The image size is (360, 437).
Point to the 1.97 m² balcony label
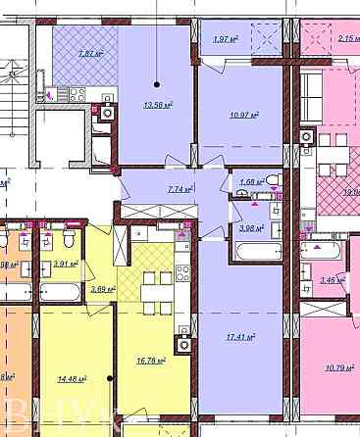226,39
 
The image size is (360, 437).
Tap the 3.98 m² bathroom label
252,228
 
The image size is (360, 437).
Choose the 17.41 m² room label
238,337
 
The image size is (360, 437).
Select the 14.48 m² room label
73,378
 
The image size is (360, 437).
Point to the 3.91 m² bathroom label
67,264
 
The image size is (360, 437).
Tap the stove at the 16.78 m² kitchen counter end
181,343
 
